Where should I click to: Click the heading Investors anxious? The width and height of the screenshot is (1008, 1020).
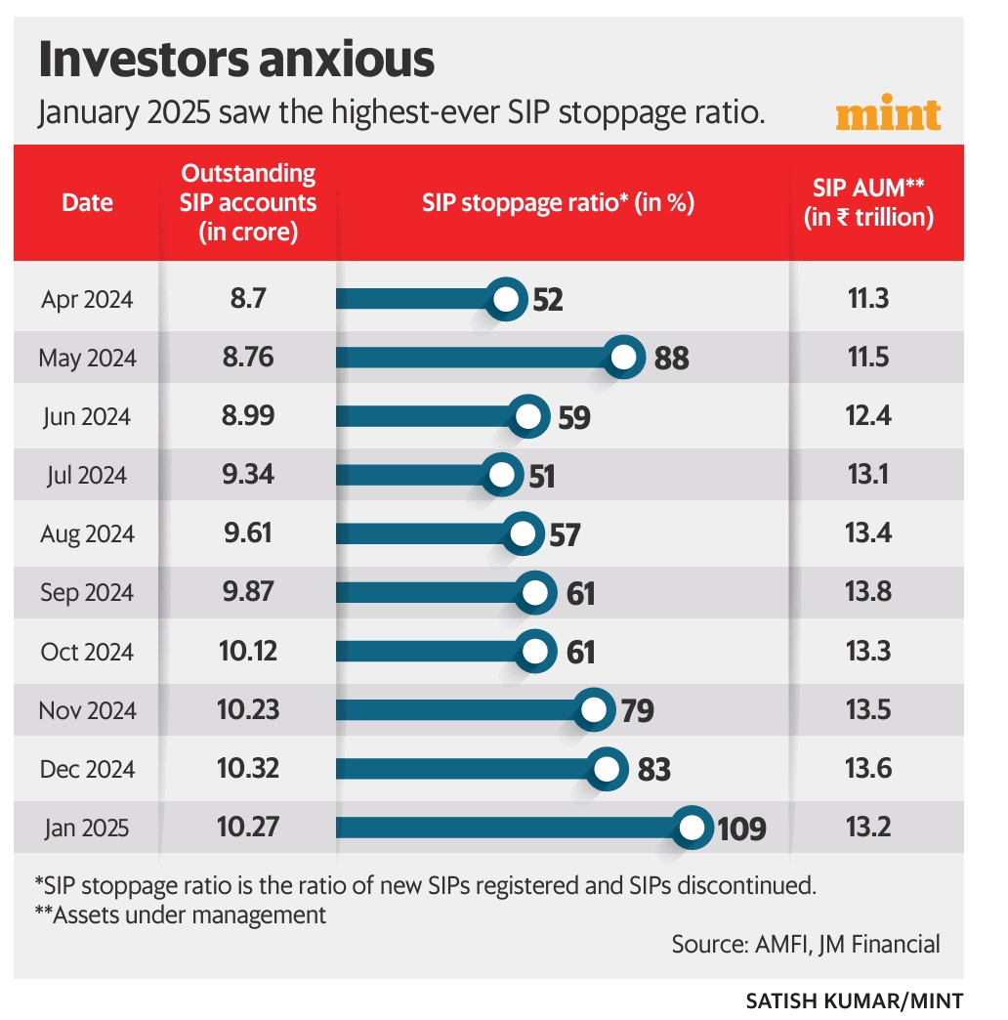[235, 61]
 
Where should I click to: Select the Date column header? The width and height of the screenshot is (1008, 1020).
[87, 202]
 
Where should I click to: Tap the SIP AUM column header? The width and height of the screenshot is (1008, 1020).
[868, 202]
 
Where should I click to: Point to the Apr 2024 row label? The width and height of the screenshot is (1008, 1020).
[87, 300]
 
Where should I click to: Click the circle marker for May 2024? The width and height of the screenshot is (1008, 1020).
[623, 359]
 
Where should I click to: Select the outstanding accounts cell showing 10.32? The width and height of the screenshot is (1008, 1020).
[248, 770]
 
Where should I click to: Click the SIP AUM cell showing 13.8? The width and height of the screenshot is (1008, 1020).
[868, 593]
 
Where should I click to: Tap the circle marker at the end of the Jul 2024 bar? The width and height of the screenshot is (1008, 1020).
[502, 476]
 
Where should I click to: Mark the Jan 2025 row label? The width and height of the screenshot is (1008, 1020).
[87, 829]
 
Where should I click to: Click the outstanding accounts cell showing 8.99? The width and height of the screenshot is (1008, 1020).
[248, 417]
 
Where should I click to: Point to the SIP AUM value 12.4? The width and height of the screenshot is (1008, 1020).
[868, 417]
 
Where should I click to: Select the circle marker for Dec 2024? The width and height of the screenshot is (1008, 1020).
[608, 770]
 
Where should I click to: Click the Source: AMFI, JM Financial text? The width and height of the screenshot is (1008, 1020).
[806, 944]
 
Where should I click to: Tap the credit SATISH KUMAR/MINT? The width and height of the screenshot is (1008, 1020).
[854, 1000]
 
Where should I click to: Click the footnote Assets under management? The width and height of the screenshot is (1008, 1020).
[180, 915]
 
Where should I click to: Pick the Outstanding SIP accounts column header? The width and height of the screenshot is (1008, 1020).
[248, 202]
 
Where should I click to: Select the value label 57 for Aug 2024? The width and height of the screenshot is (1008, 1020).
[564, 535]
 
